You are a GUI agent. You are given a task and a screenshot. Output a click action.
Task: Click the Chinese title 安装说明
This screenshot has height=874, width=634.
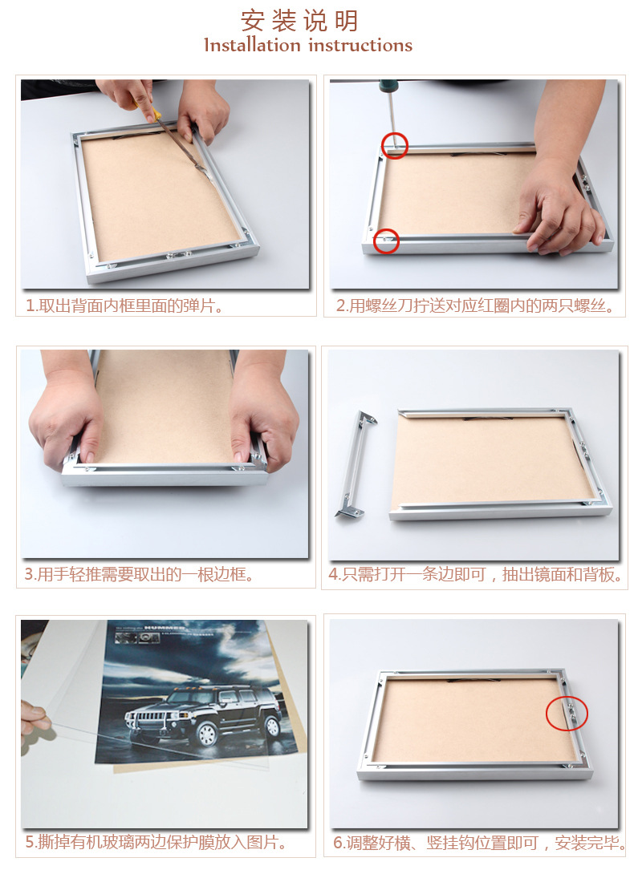pyautogui.click(x=299, y=21)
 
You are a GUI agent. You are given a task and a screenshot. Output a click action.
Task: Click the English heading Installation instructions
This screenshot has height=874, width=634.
pyautogui.click(x=308, y=45)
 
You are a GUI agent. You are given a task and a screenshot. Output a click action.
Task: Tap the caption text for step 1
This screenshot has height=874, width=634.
pyautogui.click(x=124, y=305)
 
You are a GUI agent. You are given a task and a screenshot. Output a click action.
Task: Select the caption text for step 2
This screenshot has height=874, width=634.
pyautogui.click(x=475, y=305)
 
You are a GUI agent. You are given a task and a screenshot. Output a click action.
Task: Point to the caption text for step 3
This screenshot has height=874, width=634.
pyautogui.click(x=138, y=574)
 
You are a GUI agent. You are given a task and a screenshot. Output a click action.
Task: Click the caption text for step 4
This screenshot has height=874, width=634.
pyautogui.click(x=475, y=574)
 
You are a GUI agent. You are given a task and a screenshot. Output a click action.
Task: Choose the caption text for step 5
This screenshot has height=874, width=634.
pyautogui.click(x=156, y=842)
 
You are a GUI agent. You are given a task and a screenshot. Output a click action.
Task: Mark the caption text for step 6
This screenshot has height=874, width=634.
pyautogui.click(x=479, y=842)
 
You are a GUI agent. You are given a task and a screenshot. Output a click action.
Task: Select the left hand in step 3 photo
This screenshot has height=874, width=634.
pyautogui.click(x=65, y=417)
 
